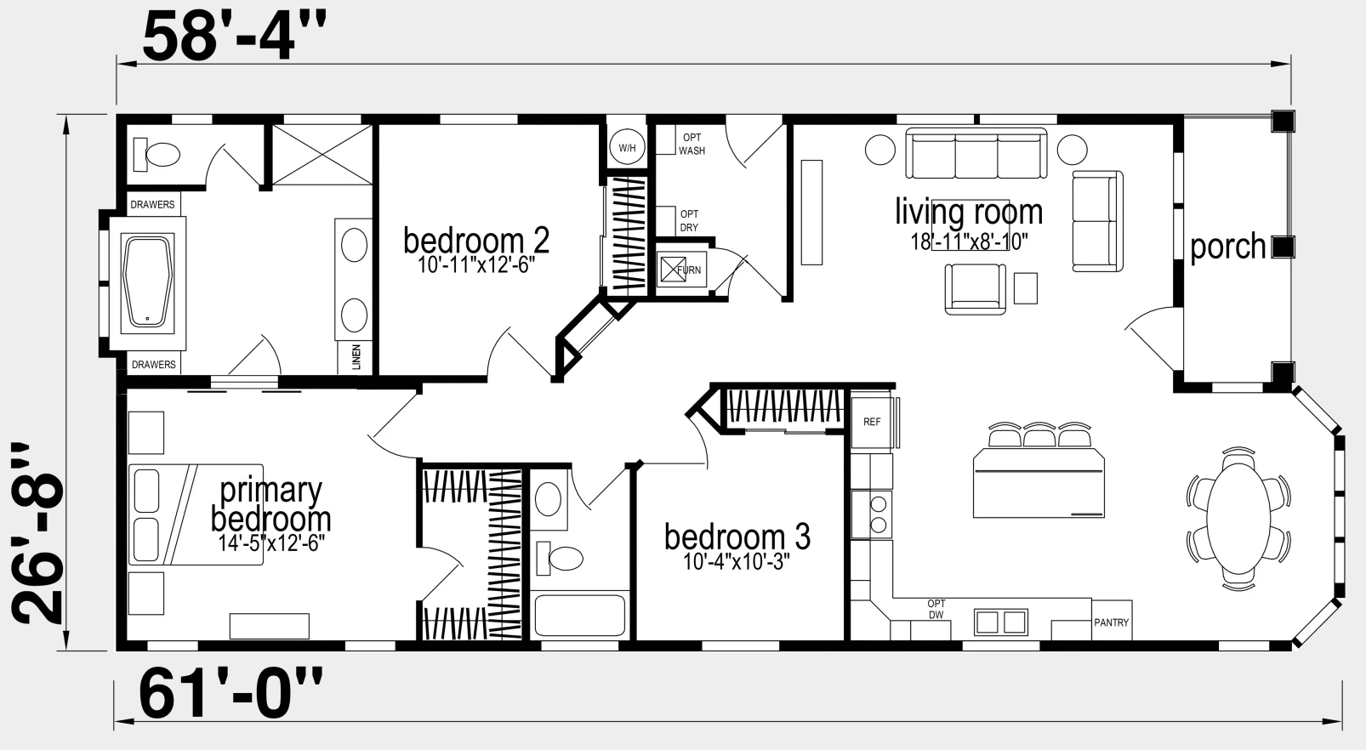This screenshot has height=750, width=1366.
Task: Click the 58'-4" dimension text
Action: pyautogui.click(x=234, y=37)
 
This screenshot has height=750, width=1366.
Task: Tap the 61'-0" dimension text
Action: pyautogui.click(x=231, y=694)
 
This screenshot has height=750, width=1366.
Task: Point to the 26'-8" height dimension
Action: pyautogui.click(x=37, y=533)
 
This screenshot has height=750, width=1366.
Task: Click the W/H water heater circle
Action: pyautogui.click(x=627, y=147)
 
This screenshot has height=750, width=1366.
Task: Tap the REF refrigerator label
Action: pyautogui.click(x=872, y=422)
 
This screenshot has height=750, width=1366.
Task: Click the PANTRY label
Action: pyautogui.click(x=1111, y=622)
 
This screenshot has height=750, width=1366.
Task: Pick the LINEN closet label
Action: pyautogui.click(x=356, y=356)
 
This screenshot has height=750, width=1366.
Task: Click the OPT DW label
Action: pyautogui.click(x=936, y=609)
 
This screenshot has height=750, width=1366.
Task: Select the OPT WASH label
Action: pyautogui.click(x=692, y=144)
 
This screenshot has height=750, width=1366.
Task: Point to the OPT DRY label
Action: pyautogui.click(x=689, y=221)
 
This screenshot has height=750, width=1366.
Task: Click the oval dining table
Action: pyautogui.click(x=1238, y=519)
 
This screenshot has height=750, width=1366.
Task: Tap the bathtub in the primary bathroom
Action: pyautogui.click(x=148, y=283)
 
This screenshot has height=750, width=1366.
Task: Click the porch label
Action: pyautogui.click(x=1228, y=247)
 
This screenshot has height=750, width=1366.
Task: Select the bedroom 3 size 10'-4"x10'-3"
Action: pyautogui.click(x=737, y=561)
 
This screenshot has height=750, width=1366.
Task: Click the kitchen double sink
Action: pyautogui.click(x=1001, y=622)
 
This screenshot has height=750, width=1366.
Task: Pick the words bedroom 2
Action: pyautogui.click(x=476, y=241)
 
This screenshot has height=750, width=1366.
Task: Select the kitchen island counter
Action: pyautogui.click(x=1039, y=483)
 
